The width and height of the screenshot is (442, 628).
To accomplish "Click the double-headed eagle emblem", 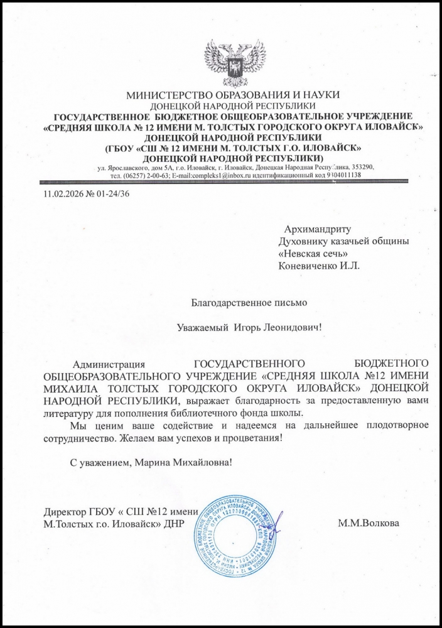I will coord(234,63).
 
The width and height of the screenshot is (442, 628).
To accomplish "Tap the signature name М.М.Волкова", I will coord(367,522).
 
